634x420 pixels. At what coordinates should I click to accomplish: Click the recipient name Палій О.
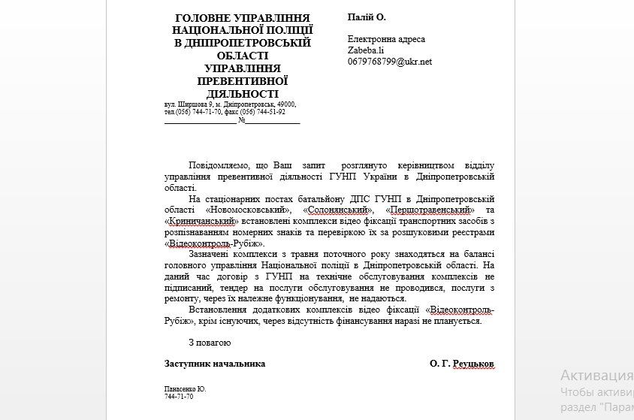pos(366,17)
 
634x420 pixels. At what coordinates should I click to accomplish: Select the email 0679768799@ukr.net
pos(389,62)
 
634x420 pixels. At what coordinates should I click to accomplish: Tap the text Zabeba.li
pos(366,50)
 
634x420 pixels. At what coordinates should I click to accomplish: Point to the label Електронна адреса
pos(386,39)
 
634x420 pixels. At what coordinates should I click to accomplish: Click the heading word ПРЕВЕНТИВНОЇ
pos(242,81)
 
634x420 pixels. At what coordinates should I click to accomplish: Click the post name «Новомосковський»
pos(248,210)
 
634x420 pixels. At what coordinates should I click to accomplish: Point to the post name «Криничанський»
pos(201,222)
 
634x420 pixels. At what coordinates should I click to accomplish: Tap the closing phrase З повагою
pos(210,343)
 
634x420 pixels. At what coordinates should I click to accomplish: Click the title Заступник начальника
pos(215,364)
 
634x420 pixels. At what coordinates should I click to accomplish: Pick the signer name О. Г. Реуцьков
pos(462,364)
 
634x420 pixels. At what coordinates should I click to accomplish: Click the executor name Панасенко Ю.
pos(185,389)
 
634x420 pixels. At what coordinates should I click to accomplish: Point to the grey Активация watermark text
pos(596,376)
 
